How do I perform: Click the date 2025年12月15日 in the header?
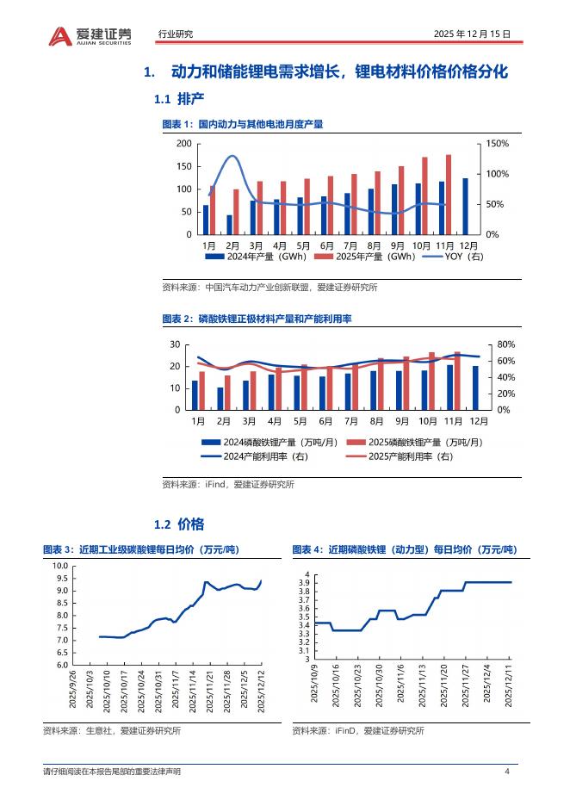tap(474, 34)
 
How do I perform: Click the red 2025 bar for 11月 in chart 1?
tap(449, 194)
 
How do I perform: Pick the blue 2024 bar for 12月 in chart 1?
tap(465, 206)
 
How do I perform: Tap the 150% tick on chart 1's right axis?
tap(498, 144)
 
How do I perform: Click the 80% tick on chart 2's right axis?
tap(506, 345)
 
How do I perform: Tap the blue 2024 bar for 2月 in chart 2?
tap(220, 399)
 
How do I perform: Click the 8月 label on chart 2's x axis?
tap(376, 421)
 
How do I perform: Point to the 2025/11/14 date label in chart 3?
tap(191, 692)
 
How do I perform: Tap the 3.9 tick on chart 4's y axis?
tap(303, 583)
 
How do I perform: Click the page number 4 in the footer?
tap(507, 772)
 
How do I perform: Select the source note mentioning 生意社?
tap(111, 730)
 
